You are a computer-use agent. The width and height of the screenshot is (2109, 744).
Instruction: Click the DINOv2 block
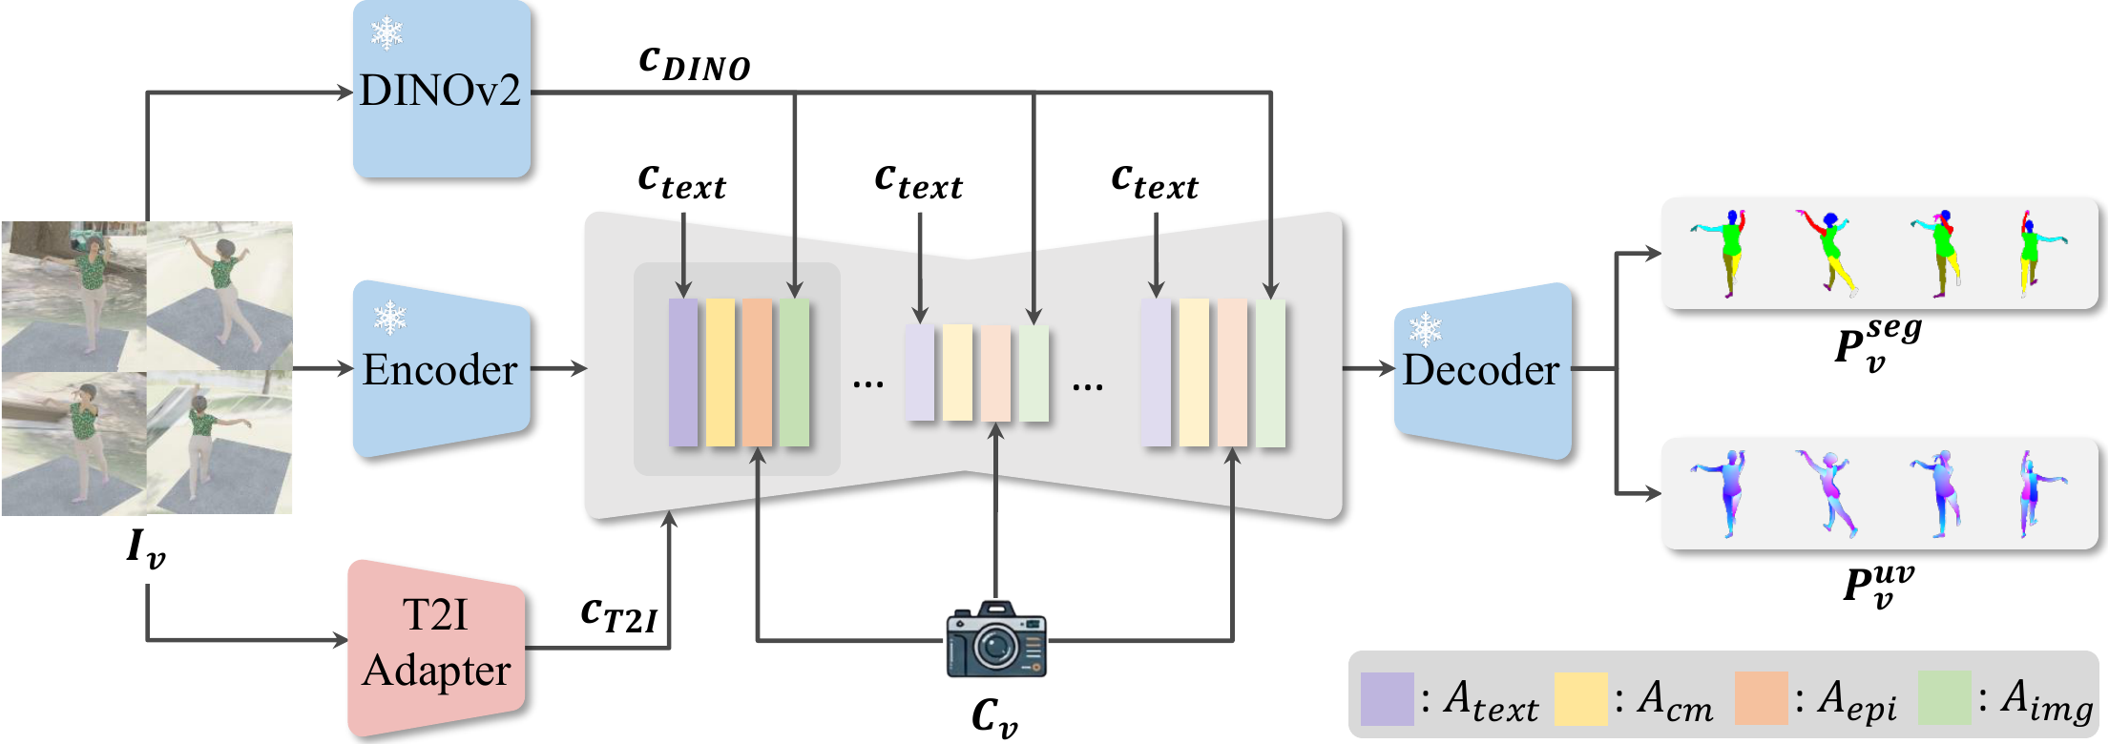tap(441, 92)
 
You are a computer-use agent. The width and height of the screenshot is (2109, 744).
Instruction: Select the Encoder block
tap(441, 369)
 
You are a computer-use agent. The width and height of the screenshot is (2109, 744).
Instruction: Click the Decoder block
tap(1482, 370)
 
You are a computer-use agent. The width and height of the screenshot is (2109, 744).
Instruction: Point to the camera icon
tap(996, 640)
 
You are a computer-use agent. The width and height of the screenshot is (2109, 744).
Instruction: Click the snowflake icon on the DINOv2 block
tap(386, 33)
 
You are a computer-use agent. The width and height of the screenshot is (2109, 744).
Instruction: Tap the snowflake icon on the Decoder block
tap(1426, 330)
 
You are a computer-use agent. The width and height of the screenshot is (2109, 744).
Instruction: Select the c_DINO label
tap(694, 63)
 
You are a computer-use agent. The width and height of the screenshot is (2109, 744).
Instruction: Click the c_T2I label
tap(618, 615)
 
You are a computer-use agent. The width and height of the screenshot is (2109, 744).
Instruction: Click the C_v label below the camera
tap(994, 716)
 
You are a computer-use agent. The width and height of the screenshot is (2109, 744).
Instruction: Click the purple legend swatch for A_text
tap(1387, 698)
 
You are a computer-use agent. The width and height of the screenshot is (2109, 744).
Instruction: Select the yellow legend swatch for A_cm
tap(1580, 698)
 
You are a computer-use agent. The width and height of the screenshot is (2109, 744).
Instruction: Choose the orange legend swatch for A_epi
tap(1761, 698)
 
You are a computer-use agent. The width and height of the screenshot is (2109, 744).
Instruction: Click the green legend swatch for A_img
tap(1944, 698)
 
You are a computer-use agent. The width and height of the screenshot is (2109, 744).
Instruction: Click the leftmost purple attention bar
tap(683, 372)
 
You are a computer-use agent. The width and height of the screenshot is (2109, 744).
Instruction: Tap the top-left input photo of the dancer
tap(74, 296)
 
